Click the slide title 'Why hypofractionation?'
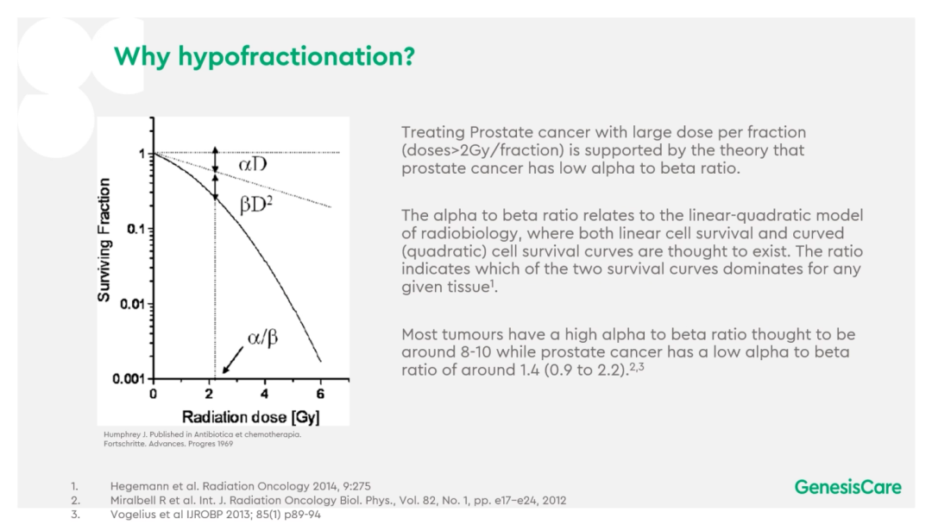[x=265, y=56]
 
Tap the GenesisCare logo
[x=847, y=487]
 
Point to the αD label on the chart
[x=253, y=163]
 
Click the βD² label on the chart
[x=256, y=204]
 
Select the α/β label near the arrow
[x=262, y=338]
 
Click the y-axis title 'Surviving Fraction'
[x=104, y=239]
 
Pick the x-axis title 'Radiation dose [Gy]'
[x=250, y=417]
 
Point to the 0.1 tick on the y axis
[x=136, y=229]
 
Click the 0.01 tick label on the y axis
[x=133, y=305]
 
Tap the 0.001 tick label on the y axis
[x=129, y=379]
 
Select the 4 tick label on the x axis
[x=265, y=394]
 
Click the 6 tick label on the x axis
[x=320, y=394]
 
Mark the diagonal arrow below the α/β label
[x=233, y=360]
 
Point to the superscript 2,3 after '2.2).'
[x=637, y=366]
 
